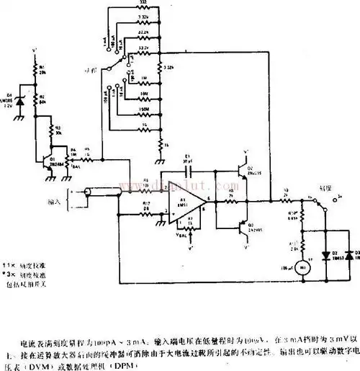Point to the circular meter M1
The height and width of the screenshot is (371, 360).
pyautogui.click(x=303, y=267)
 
